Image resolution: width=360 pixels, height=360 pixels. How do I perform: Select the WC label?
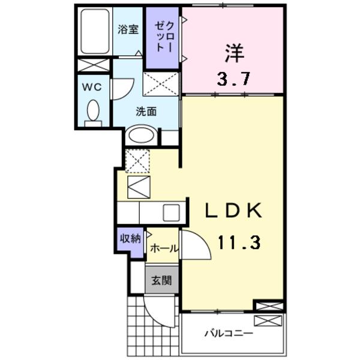click(92, 86)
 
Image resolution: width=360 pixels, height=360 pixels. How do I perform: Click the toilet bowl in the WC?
click(93, 110)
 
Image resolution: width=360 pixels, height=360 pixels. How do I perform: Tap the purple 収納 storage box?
click(131, 239)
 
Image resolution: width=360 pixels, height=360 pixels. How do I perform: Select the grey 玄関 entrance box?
click(161, 280)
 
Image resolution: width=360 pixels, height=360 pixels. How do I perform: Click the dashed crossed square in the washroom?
click(161, 83)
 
